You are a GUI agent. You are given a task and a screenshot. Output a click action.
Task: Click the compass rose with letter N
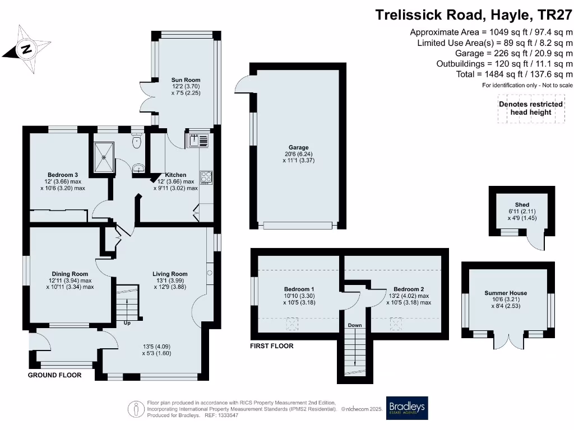[x=26, y=49]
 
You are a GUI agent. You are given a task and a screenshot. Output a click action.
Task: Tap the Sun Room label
[x=186, y=80]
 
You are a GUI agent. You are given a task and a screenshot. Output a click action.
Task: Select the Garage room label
[x=299, y=148]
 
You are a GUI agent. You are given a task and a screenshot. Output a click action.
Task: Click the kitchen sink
[x=198, y=141]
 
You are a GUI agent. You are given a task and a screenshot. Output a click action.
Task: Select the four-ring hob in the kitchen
[x=206, y=176]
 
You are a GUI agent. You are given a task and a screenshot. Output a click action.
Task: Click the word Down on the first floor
[x=354, y=325]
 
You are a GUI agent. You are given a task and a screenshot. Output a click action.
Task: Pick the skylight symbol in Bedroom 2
[x=396, y=323]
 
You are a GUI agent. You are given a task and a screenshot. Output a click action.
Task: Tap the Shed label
[x=522, y=205]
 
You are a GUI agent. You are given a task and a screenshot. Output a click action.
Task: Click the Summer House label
[x=506, y=293]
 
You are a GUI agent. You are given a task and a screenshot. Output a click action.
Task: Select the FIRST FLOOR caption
[x=271, y=346]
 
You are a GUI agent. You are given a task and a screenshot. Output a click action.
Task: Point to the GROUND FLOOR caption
[x=54, y=375]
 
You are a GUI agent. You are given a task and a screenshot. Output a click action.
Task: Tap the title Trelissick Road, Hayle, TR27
[x=474, y=15]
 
